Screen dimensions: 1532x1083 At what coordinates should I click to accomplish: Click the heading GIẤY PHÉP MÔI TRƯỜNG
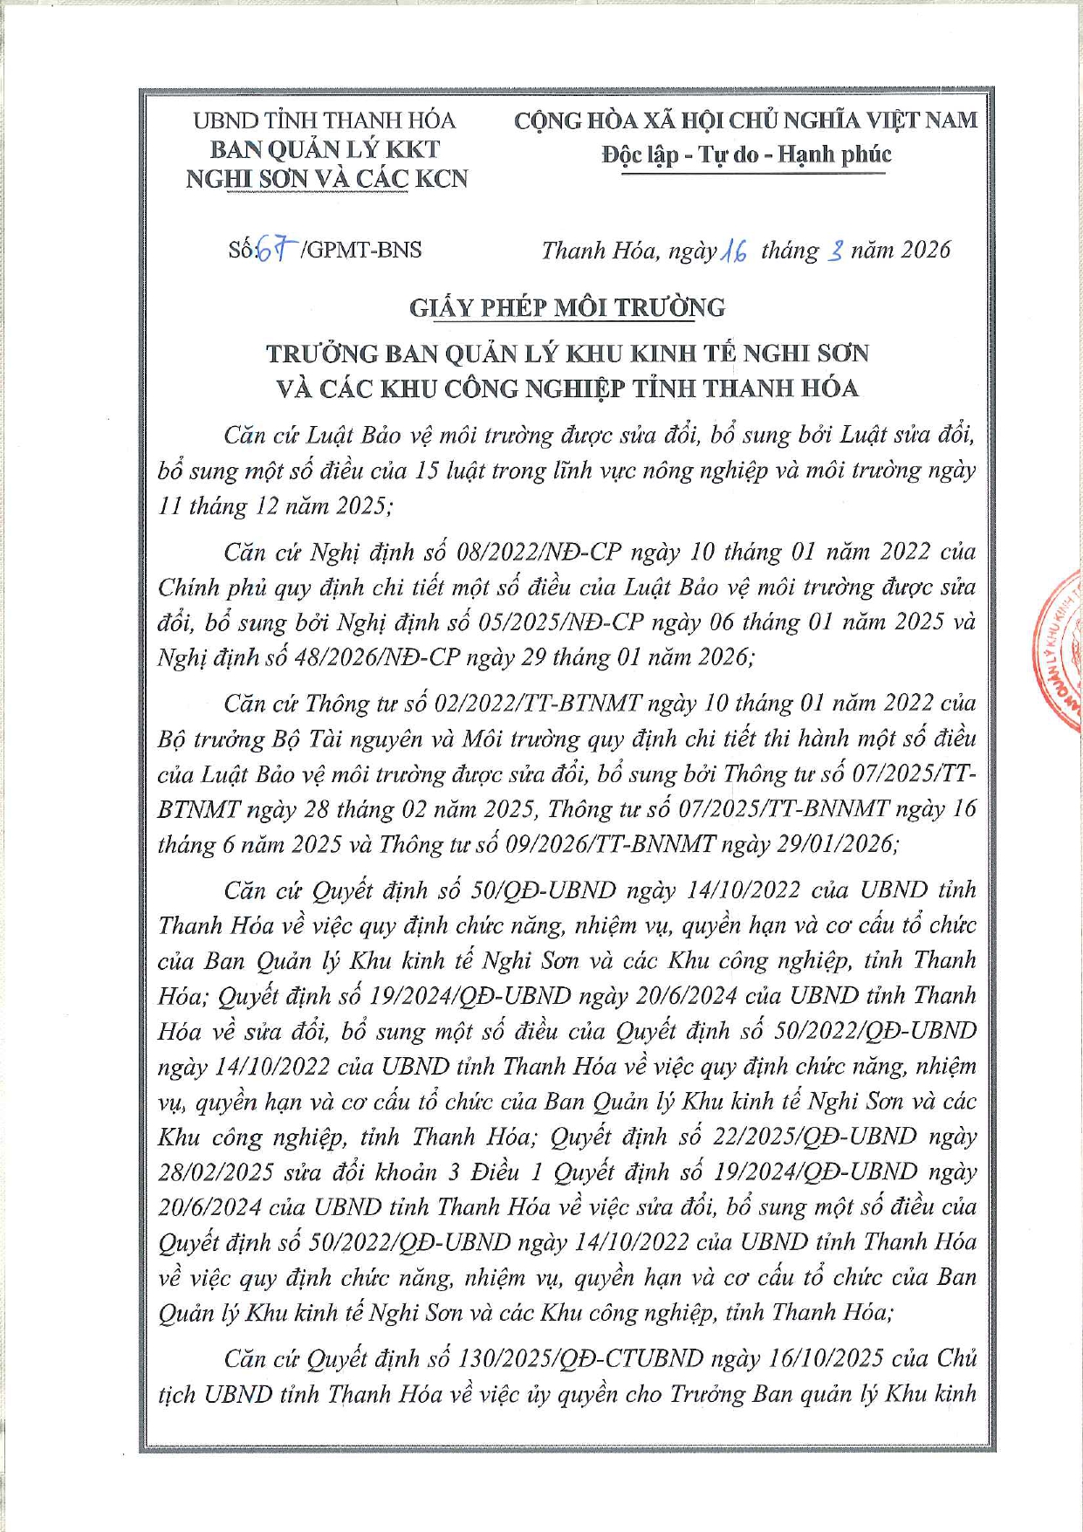click(x=567, y=308)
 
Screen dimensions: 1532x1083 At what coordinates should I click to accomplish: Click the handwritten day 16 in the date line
click(x=733, y=252)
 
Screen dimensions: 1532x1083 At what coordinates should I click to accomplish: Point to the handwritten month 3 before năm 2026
click(x=835, y=252)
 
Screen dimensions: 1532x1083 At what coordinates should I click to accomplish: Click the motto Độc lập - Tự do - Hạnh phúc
click(x=746, y=155)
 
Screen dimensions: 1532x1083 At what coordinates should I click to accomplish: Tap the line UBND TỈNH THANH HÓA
click(x=325, y=120)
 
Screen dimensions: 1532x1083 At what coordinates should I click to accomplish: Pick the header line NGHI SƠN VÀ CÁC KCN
click(x=327, y=179)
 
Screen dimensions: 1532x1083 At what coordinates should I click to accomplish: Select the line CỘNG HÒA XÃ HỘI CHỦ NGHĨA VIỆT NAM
click(x=746, y=120)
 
